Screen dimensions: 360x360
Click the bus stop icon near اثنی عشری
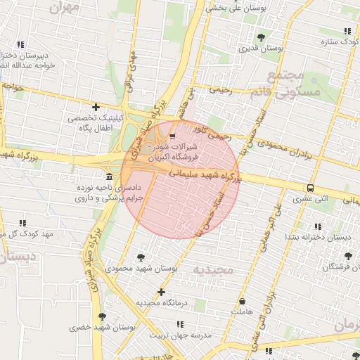[x=310, y=188]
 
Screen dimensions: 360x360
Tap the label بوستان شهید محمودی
[x=134, y=269]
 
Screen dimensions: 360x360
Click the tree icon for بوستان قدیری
[x=262, y=37]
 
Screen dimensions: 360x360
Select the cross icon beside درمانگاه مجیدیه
[x=162, y=291]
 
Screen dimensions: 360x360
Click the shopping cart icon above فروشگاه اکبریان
[x=173, y=136]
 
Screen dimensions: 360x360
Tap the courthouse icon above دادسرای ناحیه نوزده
[x=109, y=176]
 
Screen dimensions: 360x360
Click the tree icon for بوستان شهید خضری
[x=103, y=317]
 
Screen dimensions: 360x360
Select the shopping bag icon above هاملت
[x=243, y=301]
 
